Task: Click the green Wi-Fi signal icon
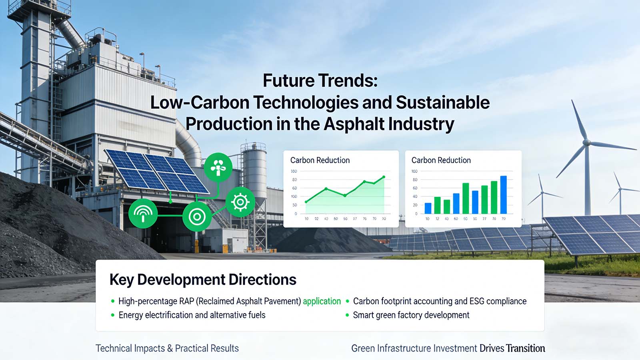(x=143, y=213)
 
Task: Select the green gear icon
(x=240, y=202)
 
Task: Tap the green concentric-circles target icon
(x=197, y=217)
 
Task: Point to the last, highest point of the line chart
(x=384, y=177)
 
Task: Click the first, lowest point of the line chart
(x=306, y=202)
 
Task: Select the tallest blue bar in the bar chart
(x=504, y=195)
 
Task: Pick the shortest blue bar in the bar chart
(x=428, y=208)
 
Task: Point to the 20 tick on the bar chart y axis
(x=415, y=205)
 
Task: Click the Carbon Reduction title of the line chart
(x=320, y=160)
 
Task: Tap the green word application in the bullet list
(x=322, y=301)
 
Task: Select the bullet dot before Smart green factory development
(x=347, y=315)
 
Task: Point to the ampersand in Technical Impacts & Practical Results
(x=170, y=348)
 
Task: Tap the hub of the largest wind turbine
(x=587, y=142)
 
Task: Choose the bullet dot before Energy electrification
(x=113, y=315)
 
